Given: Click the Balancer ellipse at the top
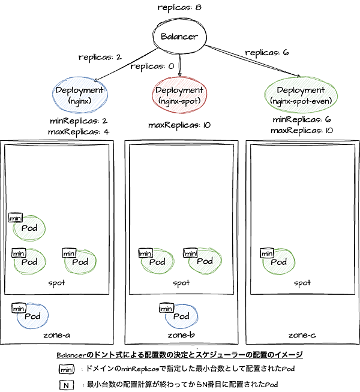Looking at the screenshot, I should click(x=179, y=37).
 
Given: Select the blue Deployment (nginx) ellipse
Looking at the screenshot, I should click(x=79, y=95).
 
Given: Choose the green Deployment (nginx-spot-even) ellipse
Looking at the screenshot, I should click(x=301, y=95).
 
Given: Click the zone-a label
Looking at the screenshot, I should click(x=57, y=334).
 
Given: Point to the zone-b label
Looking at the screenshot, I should click(x=181, y=334).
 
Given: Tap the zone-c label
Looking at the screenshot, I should click(x=302, y=334).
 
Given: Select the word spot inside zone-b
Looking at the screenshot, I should click(x=181, y=283).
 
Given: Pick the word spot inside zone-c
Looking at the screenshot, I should click(x=302, y=283).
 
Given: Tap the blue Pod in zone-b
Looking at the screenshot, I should click(x=181, y=316).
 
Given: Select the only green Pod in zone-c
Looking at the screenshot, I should click(x=278, y=262).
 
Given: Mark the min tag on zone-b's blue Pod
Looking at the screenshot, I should click(x=166, y=308).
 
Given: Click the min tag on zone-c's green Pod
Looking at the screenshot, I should click(x=267, y=254).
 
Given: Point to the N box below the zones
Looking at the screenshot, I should click(x=66, y=385).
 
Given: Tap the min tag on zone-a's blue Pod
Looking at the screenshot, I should click(x=19, y=308).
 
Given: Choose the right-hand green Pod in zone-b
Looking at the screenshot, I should click(x=204, y=261).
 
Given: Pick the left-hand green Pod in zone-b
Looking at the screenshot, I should click(x=157, y=262).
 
